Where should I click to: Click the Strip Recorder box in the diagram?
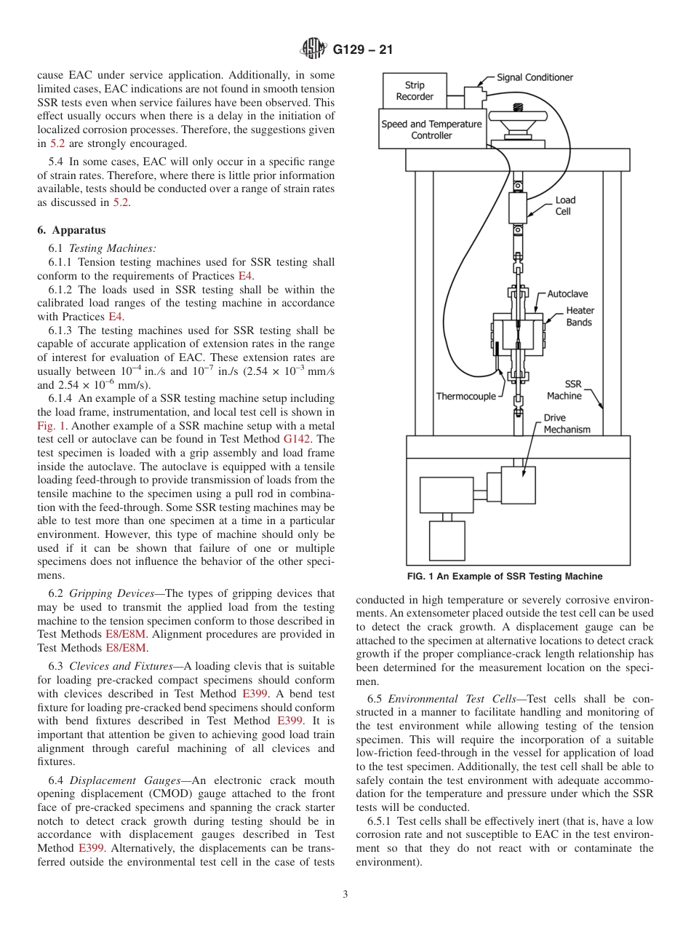(415, 91)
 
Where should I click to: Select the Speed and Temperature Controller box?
(431, 130)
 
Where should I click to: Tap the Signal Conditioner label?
(535, 77)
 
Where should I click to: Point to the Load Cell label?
(564, 205)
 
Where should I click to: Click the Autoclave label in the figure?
(567, 294)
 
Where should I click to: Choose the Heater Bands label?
(579, 317)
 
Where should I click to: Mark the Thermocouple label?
(466, 397)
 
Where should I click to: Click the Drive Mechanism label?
(567, 424)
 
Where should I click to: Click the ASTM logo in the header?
(313, 50)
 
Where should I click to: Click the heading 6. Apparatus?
(71, 231)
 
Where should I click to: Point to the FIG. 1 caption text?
(504, 577)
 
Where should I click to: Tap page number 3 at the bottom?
(345, 895)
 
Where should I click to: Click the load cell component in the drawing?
(517, 207)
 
